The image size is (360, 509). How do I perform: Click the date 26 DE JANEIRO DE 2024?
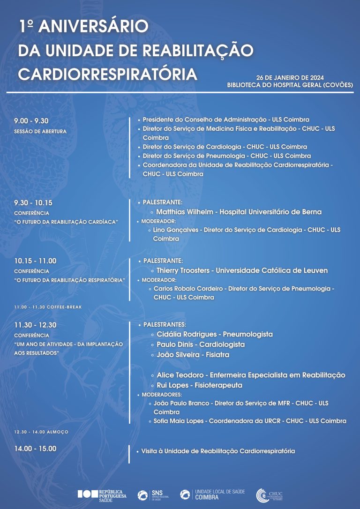point(290,77)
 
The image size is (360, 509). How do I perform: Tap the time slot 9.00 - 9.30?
point(31,121)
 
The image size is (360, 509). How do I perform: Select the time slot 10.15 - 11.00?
point(35,261)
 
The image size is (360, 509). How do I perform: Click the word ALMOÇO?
point(58,432)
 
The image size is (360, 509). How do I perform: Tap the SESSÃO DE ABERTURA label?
point(40,131)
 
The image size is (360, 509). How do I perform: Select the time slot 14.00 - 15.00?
point(35,449)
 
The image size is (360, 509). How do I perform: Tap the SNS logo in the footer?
point(150,495)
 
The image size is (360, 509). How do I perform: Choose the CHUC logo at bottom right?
point(270,495)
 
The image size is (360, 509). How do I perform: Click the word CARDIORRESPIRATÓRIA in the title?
point(108,73)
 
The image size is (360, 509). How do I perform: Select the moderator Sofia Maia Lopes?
point(179,421)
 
